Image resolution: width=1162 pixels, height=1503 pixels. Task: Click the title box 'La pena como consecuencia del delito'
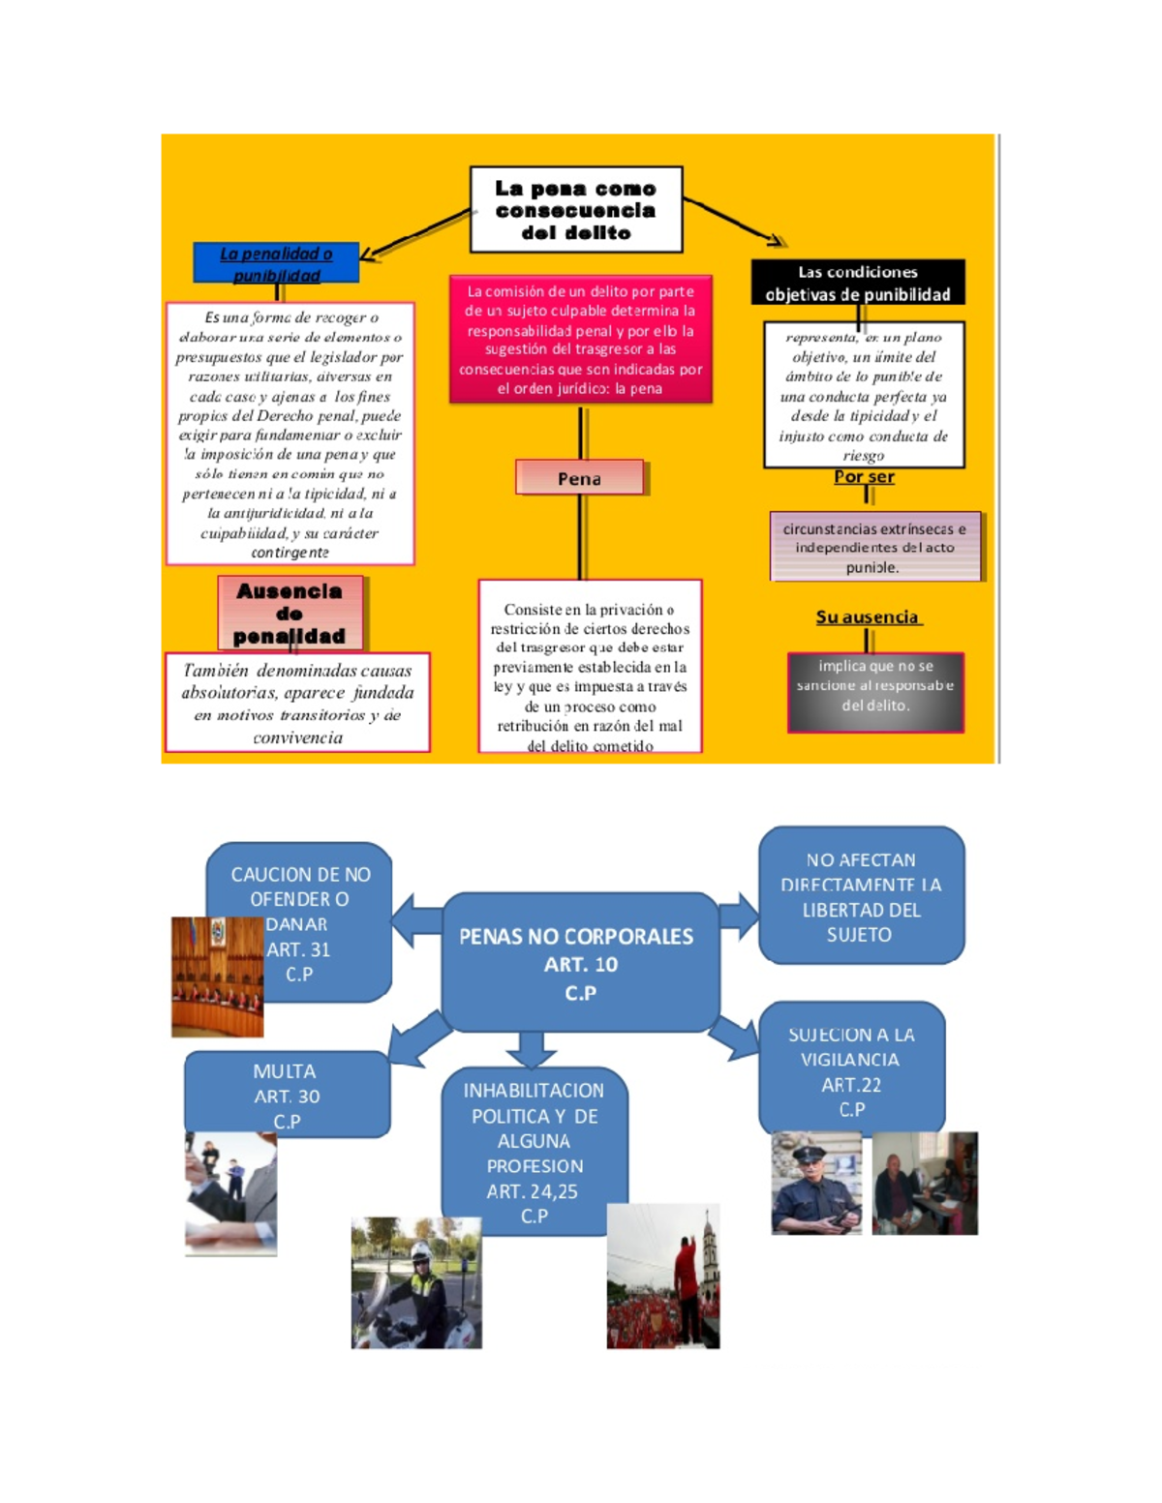(x=576, y=210)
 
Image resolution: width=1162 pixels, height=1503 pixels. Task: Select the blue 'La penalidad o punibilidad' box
(x=276, y=263)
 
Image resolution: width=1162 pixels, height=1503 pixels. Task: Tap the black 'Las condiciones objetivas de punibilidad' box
(x=858, y=283)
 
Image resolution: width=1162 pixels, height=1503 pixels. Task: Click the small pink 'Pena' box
(x=579, y=478)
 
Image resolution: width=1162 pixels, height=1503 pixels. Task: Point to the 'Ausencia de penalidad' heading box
(x=290, y=613)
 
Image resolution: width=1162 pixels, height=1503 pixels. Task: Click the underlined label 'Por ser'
(x=864, y=477)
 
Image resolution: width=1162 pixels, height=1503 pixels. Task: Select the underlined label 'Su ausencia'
(x=868, y=617)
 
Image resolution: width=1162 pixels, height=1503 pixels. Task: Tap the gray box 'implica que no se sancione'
(x=875, y=692)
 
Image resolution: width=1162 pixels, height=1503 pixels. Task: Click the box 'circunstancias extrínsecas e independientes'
(x=874, y=547)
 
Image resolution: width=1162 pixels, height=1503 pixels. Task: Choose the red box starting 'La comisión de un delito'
(x=580, y=340)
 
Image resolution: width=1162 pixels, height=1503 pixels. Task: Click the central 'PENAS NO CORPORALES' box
(x=579, y=963)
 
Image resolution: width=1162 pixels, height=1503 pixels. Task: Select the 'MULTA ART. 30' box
(x=287, y=1094)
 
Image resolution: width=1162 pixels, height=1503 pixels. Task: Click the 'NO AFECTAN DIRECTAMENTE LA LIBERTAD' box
(x=861, y=896)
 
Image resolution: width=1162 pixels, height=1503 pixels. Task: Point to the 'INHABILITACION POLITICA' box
(x=535, y=1152)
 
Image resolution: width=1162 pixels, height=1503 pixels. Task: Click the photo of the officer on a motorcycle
(x=416, y=1282)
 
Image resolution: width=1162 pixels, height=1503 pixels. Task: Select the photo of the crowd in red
(x=663, y=1277)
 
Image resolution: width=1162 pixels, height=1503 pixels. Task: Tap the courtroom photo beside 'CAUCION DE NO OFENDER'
(x=217, y=977)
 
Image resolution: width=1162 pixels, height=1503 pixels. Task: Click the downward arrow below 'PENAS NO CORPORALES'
(x=532, y=1048)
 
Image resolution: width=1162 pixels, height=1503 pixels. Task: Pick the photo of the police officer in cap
(x=816, y=1184)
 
